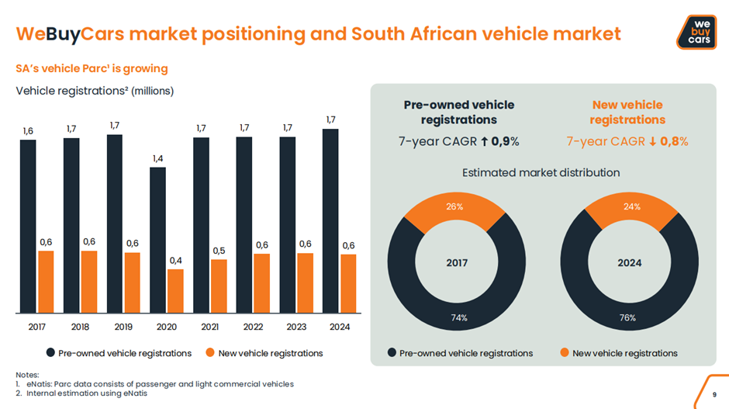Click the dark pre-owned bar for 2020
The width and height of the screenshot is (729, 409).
click(x=157, y=241)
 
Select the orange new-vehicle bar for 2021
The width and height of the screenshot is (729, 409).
click(x=219, y=286)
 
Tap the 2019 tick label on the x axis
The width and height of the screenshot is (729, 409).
click(x=123, y=327)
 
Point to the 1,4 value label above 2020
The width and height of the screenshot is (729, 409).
click(x=157, y=158)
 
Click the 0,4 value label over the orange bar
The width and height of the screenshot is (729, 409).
click(x=175, y=261)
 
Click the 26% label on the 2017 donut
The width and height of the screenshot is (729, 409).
click(x=454, y=207)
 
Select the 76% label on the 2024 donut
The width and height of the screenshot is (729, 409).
click(x=627, y=317)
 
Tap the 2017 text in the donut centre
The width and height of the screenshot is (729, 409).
click(x=457, y=263)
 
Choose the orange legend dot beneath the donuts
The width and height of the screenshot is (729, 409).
click(x=565, y=353)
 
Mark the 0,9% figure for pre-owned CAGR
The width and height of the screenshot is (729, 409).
click(x=505, y=141)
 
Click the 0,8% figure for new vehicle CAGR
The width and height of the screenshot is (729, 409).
click(x=673, y=141)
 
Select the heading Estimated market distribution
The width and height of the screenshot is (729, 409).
click(x=541, y=172)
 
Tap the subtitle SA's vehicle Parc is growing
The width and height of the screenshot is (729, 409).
click(x=92, y=68)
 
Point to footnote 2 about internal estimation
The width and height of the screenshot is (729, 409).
click(x=86, y=393)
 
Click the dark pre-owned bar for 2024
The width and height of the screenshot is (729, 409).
click(x=330, y=221)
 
